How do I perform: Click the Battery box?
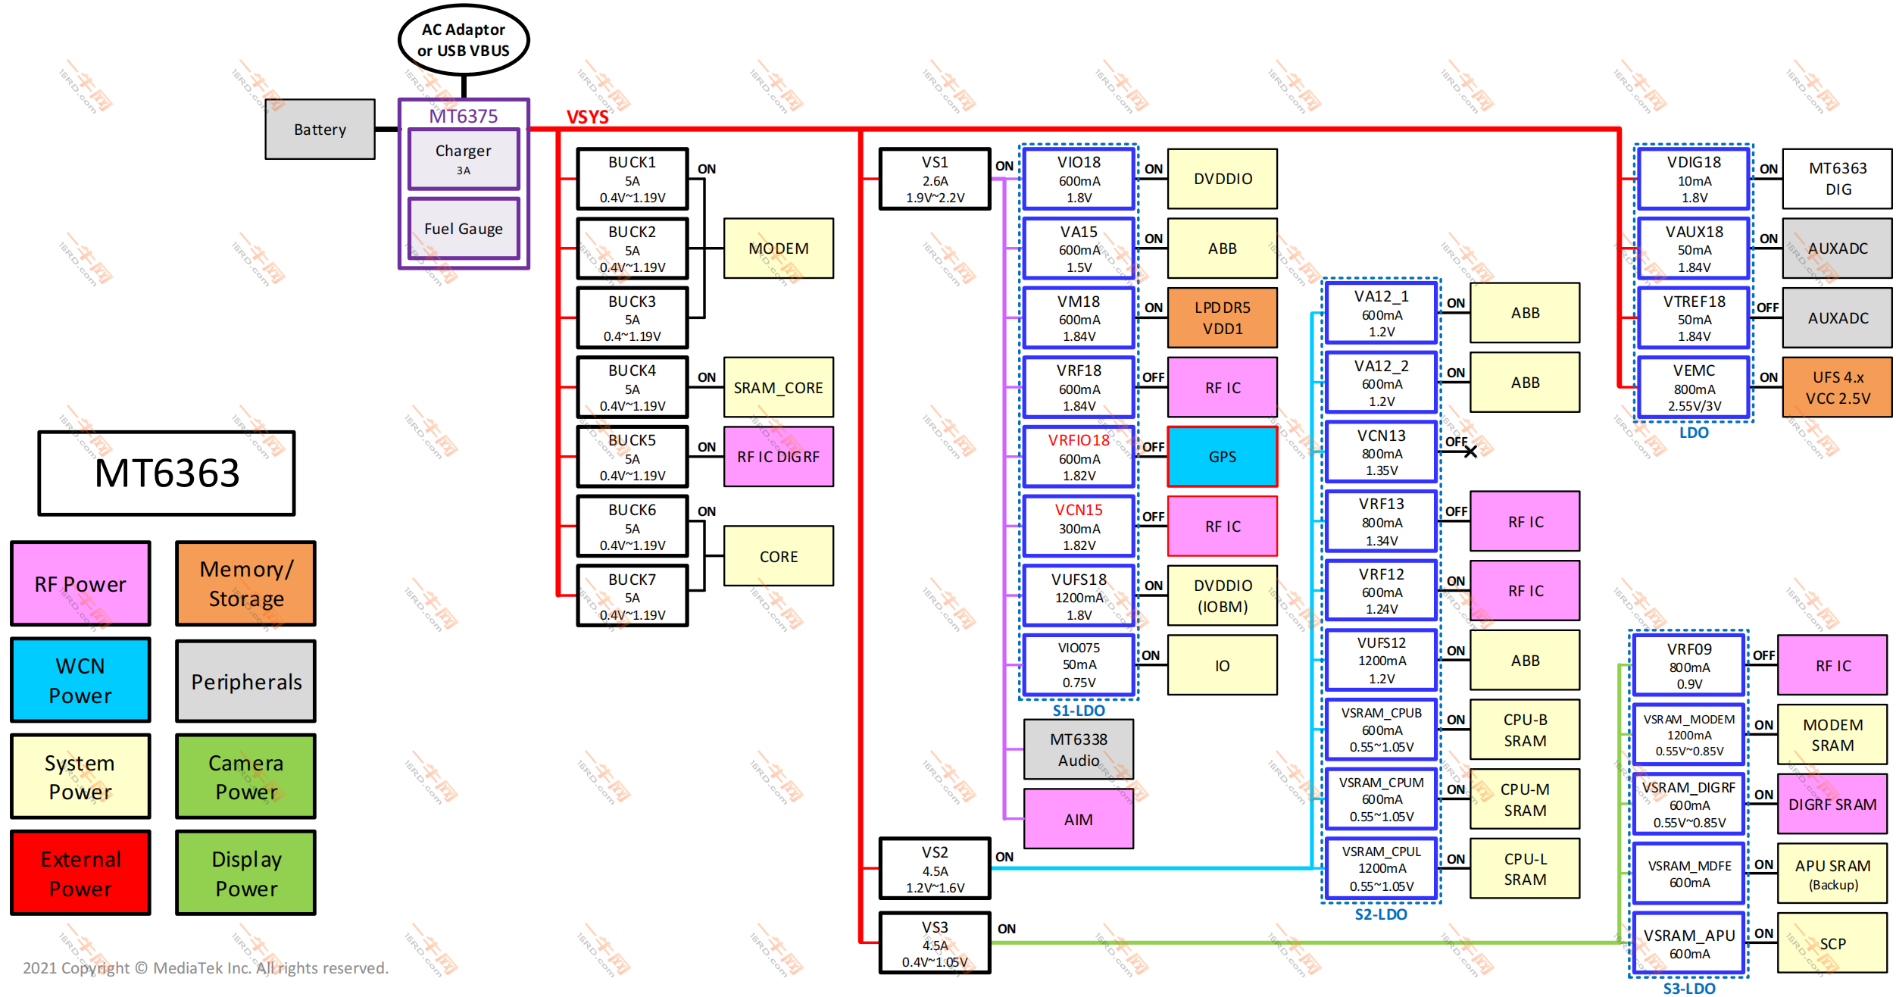pos(320,129)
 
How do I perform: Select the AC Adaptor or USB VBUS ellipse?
pos(463,40)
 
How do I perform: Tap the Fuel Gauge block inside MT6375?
pos(463,228)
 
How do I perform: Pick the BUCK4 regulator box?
pos(632,387)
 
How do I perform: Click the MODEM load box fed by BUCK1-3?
pos(778,248)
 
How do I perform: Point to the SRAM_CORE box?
pos(778,387)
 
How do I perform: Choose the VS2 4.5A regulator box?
pos(935,869)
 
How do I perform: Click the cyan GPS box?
pos(1222,457)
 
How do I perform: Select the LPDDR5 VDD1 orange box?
pos(1222,317)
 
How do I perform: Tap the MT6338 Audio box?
pos(1078,749)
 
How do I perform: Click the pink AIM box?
pos(1078,819)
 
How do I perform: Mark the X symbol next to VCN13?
pos(1470,452)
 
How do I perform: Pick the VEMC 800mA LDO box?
pos(1694,387)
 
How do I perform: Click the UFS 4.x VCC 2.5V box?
pos(1837,387)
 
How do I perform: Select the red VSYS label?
pos(587,117)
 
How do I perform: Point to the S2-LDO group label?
pos(1380,914)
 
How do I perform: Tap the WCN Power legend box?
pos(80,680)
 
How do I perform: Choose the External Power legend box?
pos(80,873)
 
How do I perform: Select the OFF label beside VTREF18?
pos(1767,308)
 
